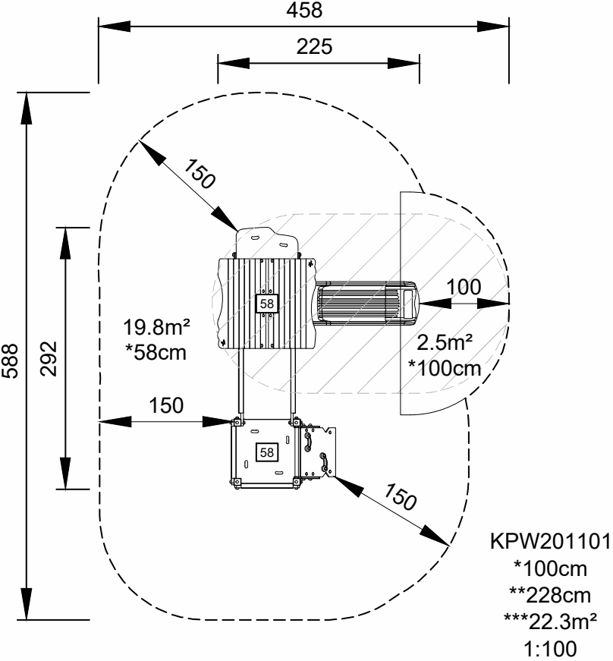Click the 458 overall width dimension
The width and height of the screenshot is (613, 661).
pyautogui.click(x=303, y=10)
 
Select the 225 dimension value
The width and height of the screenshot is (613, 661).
pyautogui.click(x=314, y=47)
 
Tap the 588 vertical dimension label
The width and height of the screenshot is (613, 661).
pyautogui.click(x=11, y=357)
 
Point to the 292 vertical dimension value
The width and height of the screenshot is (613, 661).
pyautogui.click(x=49, y=357)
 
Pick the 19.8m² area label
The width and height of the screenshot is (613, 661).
pyautogui.click(x=156, y=328)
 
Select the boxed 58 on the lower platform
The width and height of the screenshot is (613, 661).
pyautogui.click(x=266, y=452)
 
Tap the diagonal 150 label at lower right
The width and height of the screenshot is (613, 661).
pyautogui.click(x=401, y=498)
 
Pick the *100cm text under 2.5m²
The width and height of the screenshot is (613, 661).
pyautogui.click(x=445, y=369)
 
